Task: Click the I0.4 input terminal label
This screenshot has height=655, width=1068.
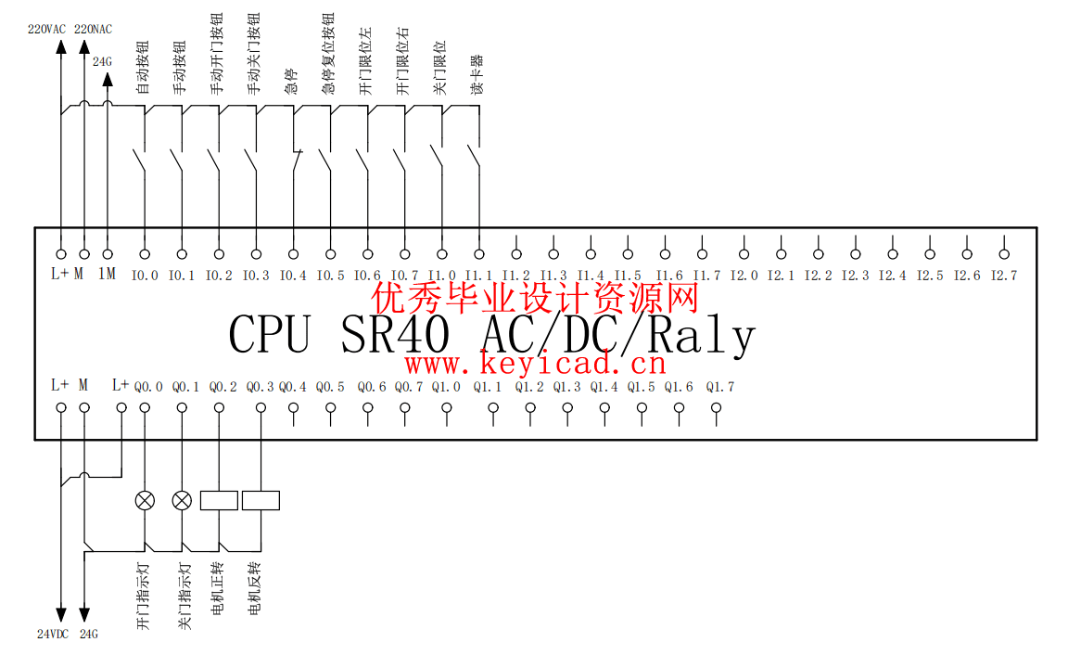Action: coord(293,276)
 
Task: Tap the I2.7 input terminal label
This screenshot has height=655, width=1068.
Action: coord(1004,276)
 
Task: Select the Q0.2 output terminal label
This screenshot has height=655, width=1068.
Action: coord(222,387)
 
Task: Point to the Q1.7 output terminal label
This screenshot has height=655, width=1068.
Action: coord(719,387)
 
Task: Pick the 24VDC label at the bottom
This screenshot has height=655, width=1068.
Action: coord(53,635)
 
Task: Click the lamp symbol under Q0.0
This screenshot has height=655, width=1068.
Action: coord(146,501)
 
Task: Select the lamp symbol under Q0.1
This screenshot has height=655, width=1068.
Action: coord(183,501)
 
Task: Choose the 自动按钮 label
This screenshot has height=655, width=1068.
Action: coord(143,68)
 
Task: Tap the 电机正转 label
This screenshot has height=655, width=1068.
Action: coord(218,589)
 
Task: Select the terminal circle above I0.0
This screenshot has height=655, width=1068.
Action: coord(145,253)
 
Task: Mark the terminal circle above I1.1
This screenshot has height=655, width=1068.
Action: coord(479,253)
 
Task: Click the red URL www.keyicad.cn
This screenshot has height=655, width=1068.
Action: coord(535,363)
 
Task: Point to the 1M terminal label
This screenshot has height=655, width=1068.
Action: coord(107,275)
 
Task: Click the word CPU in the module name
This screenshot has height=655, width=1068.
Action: coord(269,335)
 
